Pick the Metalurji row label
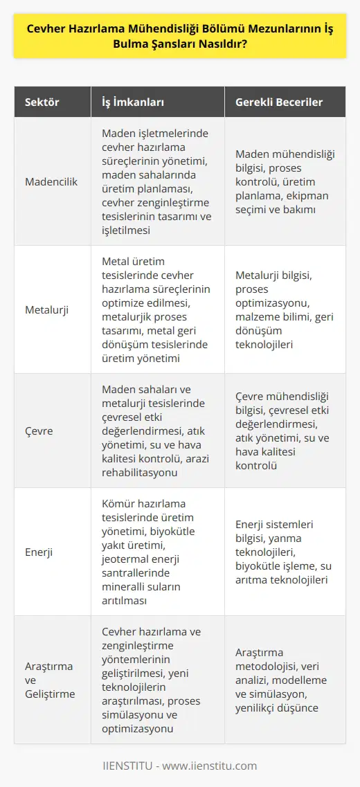tap(48, 305)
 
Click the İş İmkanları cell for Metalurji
tap(157, 305)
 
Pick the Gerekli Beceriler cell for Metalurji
tap(284, 305)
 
